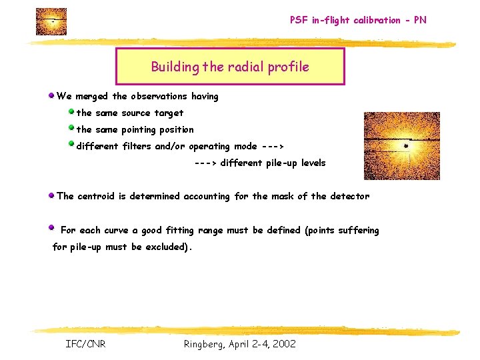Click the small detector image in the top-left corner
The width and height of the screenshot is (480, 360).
coord(51,21)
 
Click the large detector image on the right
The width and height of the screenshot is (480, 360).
coord(401,146)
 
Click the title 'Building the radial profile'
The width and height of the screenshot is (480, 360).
coord(230,67)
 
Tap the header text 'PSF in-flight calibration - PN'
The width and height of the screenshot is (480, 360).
coord(358,20)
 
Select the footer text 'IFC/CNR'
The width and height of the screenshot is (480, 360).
coord(85,344)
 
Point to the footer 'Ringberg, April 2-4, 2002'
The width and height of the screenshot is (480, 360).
coord(239,344)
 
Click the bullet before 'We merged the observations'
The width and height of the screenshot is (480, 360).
coord(51,96)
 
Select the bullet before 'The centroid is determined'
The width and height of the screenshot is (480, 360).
coord(51,195)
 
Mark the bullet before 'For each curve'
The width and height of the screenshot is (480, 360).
coord(51,227)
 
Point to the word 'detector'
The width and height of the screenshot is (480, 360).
coord(349,196)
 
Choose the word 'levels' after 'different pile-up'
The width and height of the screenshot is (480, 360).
coord(313,163)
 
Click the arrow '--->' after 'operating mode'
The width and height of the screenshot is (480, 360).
coord(273,147)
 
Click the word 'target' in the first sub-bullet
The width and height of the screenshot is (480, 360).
coord(169,113)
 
